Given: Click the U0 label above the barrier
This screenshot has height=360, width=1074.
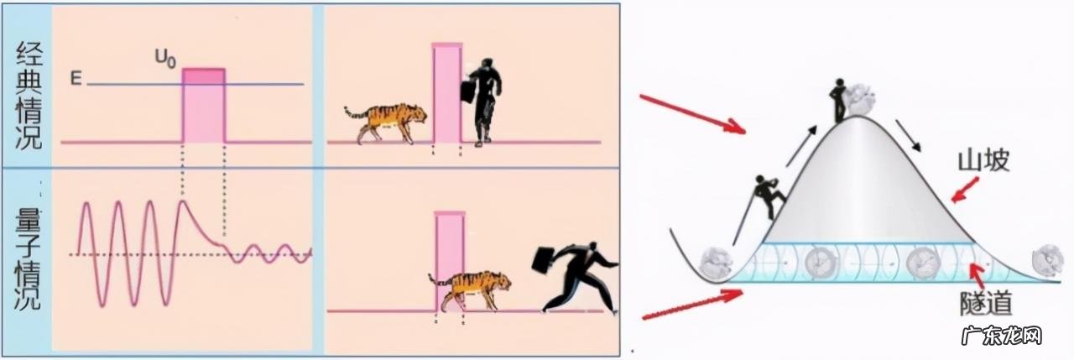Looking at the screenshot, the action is (x=165, y=59).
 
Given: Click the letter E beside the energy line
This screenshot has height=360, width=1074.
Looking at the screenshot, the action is (x=76, y=78).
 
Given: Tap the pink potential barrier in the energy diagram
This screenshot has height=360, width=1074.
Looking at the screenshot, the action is (x=203, y=106).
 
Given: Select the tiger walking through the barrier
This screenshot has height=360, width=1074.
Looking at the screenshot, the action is (x=469, y=290).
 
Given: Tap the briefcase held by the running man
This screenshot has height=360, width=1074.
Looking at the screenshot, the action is (x=545, y=265).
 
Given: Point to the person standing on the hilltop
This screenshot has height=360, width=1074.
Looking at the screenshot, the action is (x=839, y=102).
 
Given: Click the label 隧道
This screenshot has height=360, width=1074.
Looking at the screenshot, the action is (x=986, y=303).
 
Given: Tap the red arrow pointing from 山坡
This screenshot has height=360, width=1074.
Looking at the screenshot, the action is (x=964, y=190).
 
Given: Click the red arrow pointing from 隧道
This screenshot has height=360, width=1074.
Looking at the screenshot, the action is (x=978, y=275).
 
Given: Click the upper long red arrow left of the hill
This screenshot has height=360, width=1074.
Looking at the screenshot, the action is (x=693, y=115).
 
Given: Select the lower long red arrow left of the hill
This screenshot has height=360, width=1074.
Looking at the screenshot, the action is (x=692, y=304).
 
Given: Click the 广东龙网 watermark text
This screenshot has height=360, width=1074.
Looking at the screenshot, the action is (x=1002, y=337).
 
